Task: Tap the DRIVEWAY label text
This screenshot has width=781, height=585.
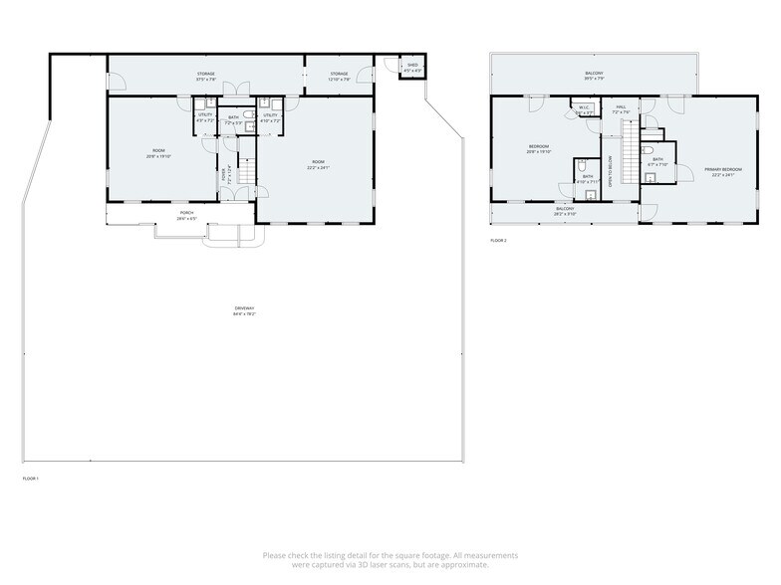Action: pos(245,311)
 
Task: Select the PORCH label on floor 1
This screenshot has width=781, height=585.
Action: pos(186,214)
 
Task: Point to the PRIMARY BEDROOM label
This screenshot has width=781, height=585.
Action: pos(719,172)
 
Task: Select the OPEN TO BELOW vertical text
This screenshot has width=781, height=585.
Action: pos(610,169)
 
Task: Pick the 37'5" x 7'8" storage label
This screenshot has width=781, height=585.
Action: pos(205,77)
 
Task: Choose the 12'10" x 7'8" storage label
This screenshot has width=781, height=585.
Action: pos(340,77)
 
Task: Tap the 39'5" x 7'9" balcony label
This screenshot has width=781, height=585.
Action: pos(594,77)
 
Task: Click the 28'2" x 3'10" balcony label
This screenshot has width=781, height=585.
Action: pos(565,211)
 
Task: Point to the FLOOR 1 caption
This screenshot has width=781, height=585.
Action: pos(31,480)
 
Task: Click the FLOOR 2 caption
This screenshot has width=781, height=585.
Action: pos(499,241)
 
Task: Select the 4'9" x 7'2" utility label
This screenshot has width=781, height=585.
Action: pos(206,117)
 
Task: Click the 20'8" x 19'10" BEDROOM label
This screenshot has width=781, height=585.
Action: pos(539,150)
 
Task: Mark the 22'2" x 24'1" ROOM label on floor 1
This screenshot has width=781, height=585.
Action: pos(319,164)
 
